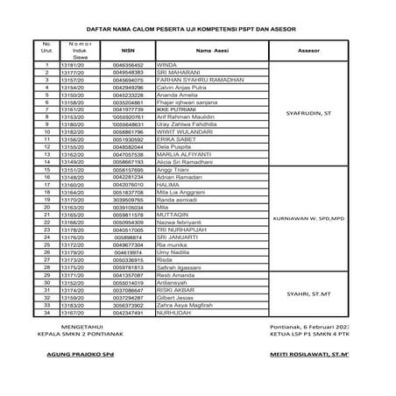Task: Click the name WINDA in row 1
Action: point(166,65)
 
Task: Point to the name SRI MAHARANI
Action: point(175,73)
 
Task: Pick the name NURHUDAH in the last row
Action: point(173,312)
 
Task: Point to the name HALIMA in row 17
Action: point(167,184)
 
